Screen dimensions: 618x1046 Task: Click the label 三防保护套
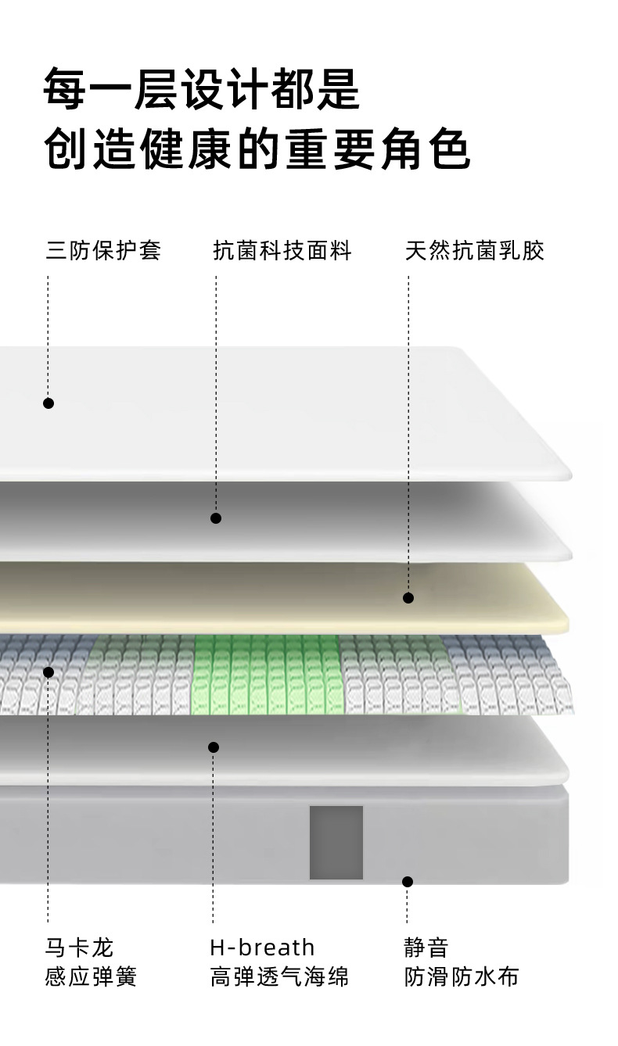103,251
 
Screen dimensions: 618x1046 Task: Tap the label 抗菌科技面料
282,251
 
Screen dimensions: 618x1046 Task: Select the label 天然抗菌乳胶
474,251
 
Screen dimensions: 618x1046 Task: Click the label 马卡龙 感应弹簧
91,962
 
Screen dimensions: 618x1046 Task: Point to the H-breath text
262,947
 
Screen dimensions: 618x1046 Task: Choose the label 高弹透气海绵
279,976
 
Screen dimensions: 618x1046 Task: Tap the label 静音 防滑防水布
462,962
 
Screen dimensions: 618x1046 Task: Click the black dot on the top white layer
49,403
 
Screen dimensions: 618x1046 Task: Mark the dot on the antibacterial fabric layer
216,518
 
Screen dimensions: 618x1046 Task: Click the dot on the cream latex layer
408,598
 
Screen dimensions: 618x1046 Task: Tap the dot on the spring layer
49,672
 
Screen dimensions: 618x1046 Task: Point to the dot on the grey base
408,882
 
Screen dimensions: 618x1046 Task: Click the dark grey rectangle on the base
336,842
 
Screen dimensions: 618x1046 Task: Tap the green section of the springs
266,674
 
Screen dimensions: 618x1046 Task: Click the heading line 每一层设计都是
202,89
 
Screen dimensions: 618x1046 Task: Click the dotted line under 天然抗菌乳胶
408,430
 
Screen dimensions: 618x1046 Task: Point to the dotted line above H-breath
213,844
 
